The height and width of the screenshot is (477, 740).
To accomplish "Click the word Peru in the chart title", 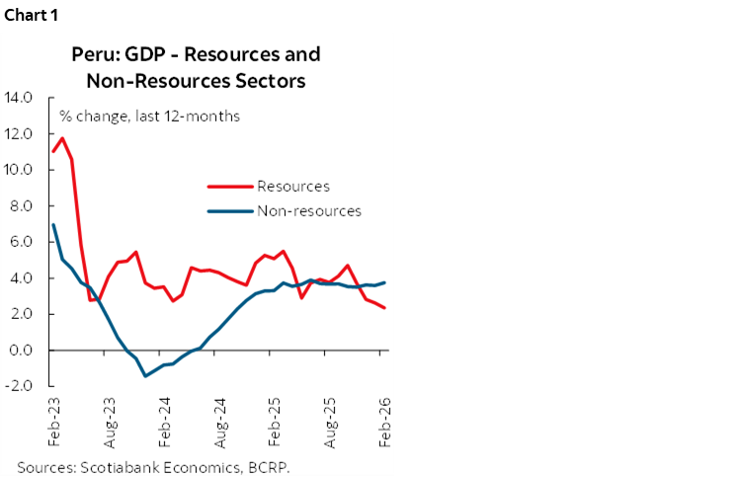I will (93, 54).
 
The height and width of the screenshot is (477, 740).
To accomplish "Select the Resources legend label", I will (292, 186).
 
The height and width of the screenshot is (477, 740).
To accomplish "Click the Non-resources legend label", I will (308, 210).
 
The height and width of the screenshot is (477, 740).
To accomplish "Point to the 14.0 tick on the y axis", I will (20, 98).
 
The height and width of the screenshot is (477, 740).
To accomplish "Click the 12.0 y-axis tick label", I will (20, 133).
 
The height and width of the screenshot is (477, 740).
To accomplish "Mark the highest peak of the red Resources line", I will (62, 138).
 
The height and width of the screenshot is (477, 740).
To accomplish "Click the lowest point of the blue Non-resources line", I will (145, 376).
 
